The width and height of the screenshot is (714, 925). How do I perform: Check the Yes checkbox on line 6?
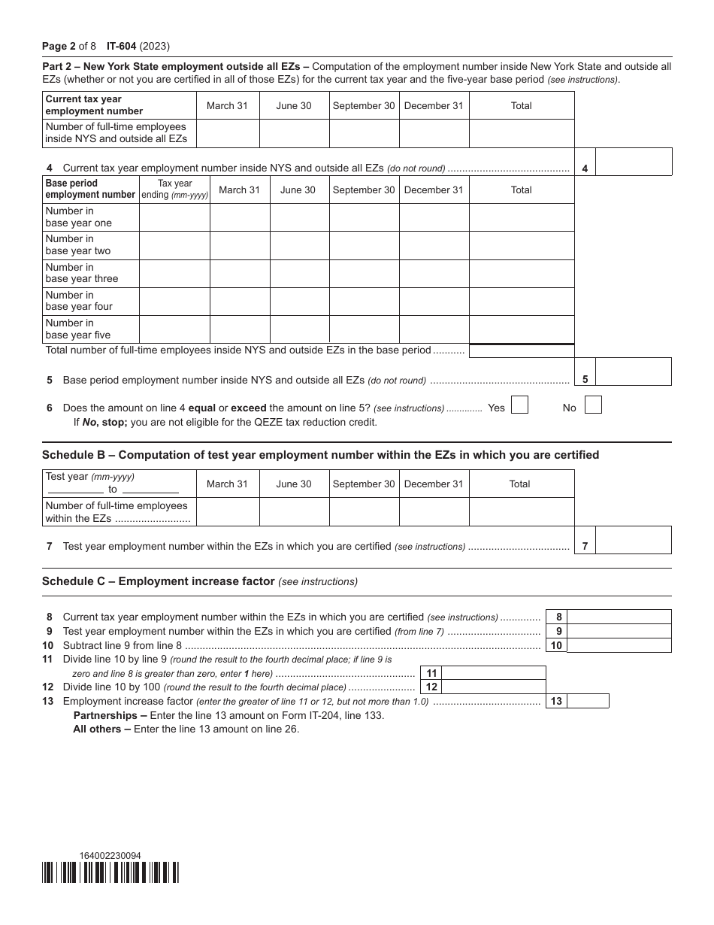(x=519, y=405)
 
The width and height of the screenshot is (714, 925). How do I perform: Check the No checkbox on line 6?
(x=593, y=405)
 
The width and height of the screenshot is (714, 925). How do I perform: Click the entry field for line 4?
(x=633, y=162)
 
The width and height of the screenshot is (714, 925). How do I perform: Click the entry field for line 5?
(x=633, y=372)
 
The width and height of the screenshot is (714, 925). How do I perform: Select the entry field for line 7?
(x=633, y=541)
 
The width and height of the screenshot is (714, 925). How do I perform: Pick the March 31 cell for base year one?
(x=239, y=217)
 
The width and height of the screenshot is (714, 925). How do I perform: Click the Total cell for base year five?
(x=522, y=329)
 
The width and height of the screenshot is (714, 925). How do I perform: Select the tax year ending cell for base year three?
(x=174, y=273)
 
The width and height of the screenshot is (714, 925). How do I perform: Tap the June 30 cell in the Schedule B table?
(x=294, y=511)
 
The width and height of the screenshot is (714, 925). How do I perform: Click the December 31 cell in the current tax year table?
(x=434, y=133)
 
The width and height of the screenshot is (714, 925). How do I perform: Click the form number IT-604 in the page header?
(x=122, y=46)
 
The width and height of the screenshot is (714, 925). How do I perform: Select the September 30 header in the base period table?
(x=364, y=190)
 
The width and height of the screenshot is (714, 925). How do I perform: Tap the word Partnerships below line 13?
(x=105, y=715)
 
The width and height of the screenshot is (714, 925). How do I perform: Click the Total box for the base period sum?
(x=522, y=350)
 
